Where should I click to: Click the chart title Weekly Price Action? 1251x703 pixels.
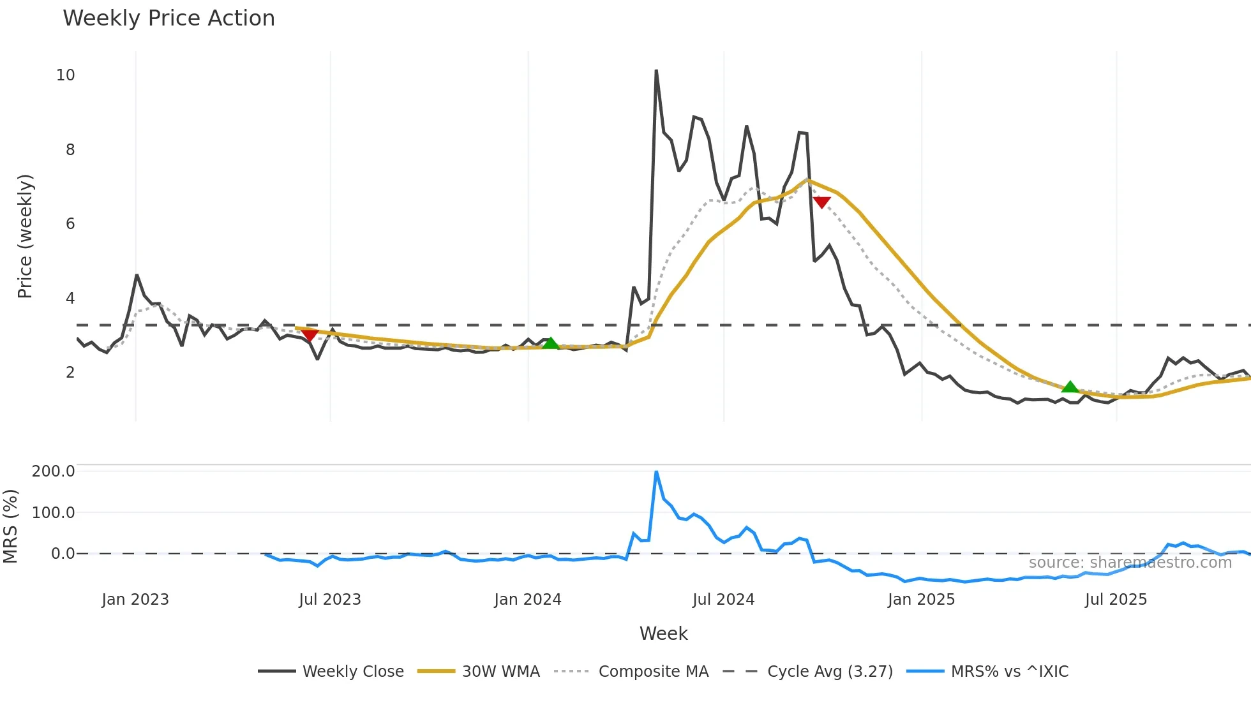click(x=169, y=18)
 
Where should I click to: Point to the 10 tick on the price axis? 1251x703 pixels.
click(x=65, y=75)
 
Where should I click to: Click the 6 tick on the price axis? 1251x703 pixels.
click(x=70, y=224)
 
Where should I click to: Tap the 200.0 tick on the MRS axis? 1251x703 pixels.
click(x=53, y=471)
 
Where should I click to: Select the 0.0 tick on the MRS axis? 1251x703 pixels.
click(x=63, y=554)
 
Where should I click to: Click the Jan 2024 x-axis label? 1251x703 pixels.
click(x=528, y=600)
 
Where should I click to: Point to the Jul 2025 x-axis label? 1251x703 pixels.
click(x=1116, y=600)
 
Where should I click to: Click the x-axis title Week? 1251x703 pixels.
click(x=663, y=633)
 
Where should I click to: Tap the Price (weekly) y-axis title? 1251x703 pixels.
click(x=24, y=236)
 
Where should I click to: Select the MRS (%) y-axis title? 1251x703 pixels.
click(x=10, y=526)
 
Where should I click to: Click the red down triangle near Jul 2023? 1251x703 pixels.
click(x=310, y=335)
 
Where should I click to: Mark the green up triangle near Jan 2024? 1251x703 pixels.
click(x=550, y=343)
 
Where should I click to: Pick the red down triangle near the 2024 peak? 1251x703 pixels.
click(x=821, y=202)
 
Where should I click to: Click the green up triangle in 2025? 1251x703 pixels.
click(x=1070, y=387)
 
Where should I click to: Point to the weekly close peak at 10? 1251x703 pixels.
click(x=656, y=71)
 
